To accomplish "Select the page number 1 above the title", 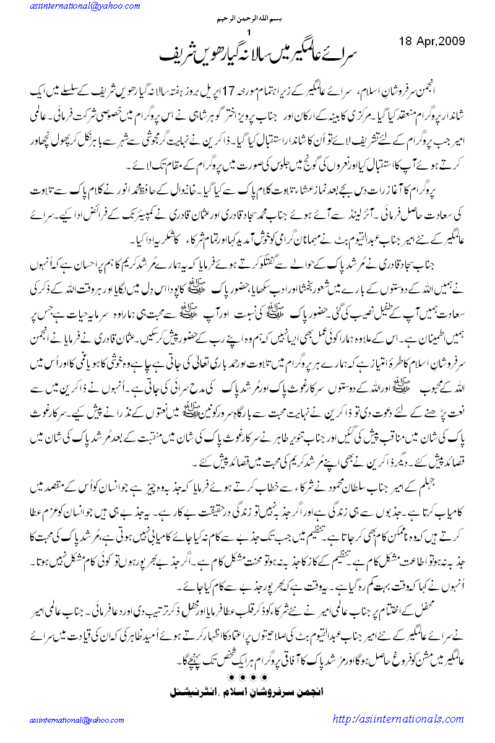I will pyautogui.click(x=249, y=32).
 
